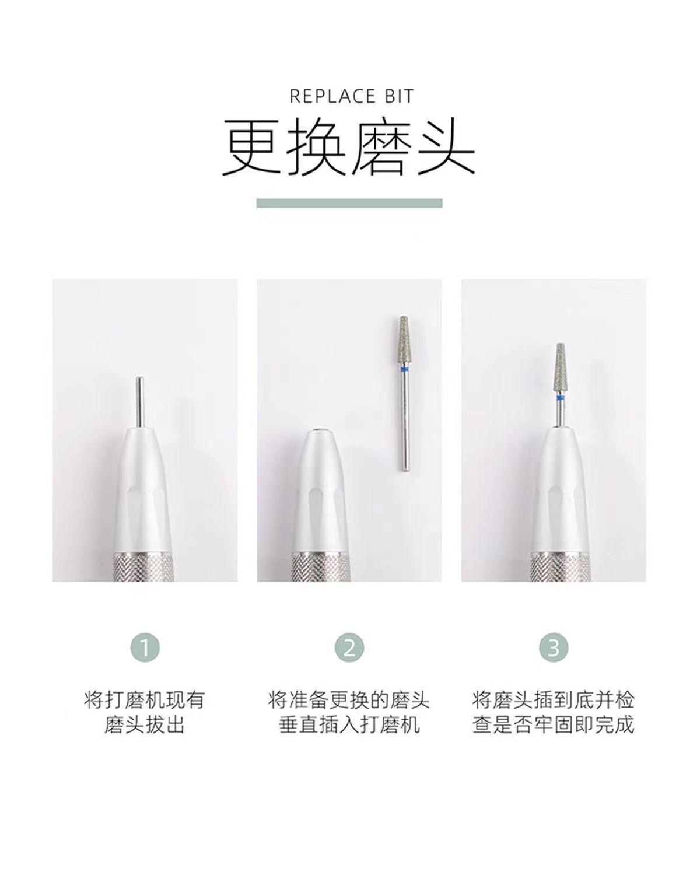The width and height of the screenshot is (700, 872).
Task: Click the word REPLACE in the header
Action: [x=332, y=96]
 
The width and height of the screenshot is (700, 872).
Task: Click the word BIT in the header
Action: [x=399, y=96]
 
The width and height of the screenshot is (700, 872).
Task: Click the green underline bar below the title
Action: [x=349, y=202]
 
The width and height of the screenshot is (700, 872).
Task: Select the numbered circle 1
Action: [x=145, y=647]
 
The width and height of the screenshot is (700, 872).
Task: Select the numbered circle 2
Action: [x=349, y=647]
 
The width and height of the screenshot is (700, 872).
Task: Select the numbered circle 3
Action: [x=554, y=647]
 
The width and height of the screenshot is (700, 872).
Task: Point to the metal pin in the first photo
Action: [x=140, y=402]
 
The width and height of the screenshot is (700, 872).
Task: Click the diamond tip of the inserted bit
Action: [x=560, y=368]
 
